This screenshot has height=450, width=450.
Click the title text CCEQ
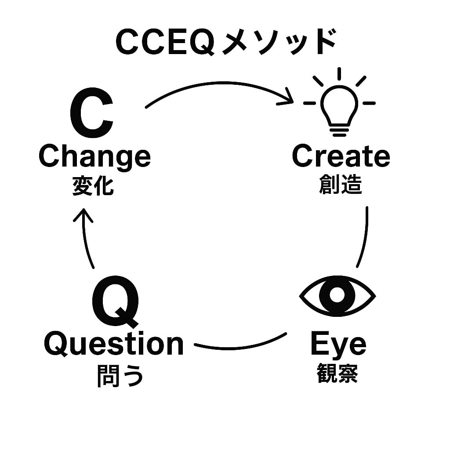coord(165,43)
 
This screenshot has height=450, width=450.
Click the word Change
coord(94,157)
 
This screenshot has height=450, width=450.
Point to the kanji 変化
coord(93,186)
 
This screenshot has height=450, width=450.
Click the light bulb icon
coord(339,105)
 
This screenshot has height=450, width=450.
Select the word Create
coord(341,156)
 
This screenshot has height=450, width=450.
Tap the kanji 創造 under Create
coord(340,185)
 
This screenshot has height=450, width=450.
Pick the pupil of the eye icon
coord(337,294)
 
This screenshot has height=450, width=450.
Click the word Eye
coord(338,345)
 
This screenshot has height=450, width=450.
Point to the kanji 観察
coord(337,374)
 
